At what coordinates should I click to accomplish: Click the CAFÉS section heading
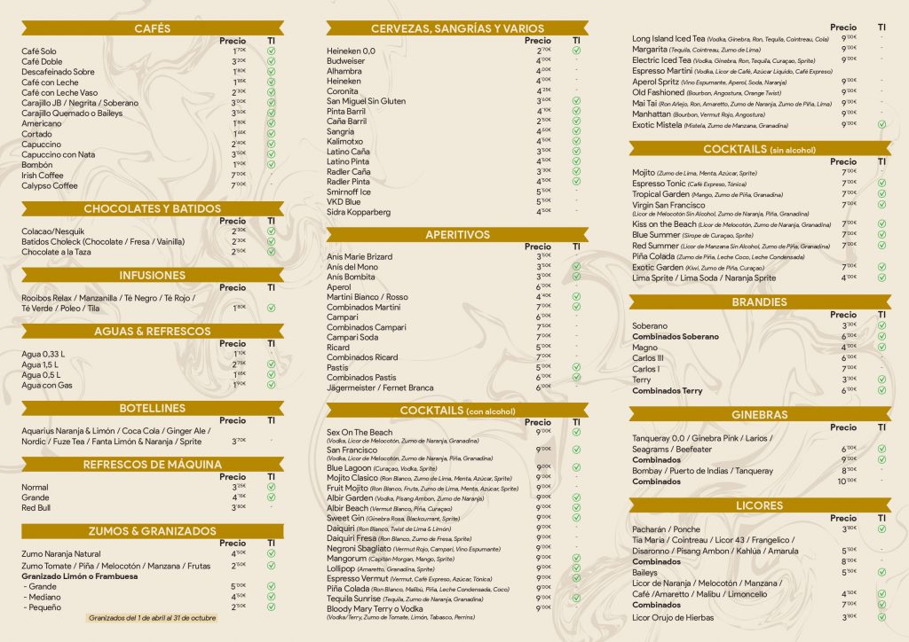tap(153, 28)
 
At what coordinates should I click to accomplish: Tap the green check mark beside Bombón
tap(271, 164)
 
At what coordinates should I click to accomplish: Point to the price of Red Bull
tap(238, 507)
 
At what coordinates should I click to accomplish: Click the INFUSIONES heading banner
tap(153, 275)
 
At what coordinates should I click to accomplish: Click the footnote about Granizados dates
tap(153, 617)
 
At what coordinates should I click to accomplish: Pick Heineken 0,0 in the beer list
tap(351, 51)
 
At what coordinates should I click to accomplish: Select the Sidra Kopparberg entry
tap(359, 212)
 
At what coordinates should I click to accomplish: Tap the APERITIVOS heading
tap(457, 235)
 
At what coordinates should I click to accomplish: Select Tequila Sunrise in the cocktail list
tap(355, 598)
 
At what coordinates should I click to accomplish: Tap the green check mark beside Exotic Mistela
tap(881, 124)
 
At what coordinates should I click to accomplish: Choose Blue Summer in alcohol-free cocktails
tap(656, 235)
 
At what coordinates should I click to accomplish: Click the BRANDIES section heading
tap(759, 301)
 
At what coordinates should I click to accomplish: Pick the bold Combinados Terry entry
tap(667, 390)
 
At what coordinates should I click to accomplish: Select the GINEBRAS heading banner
tap(759, 414)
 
